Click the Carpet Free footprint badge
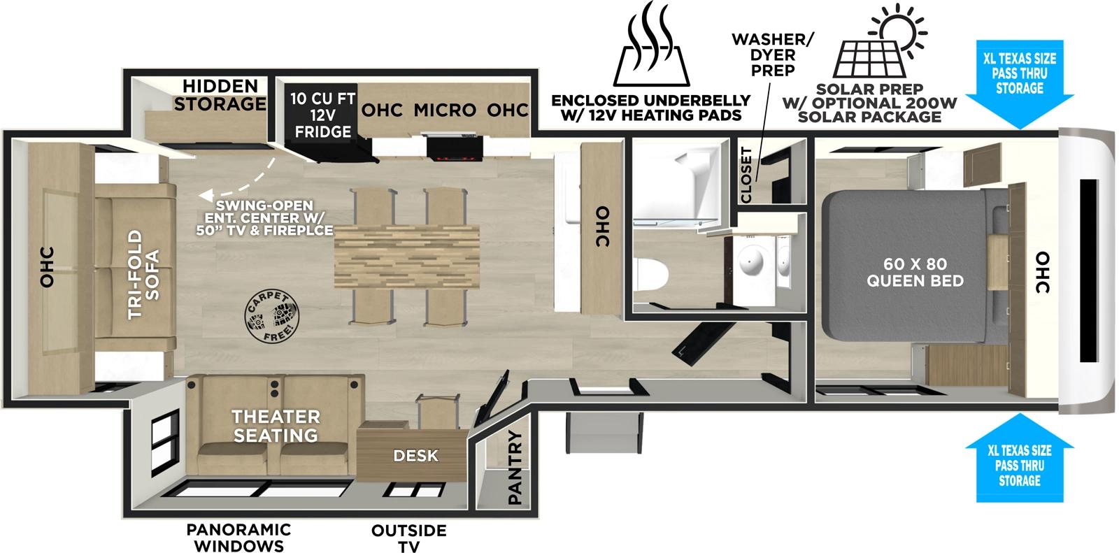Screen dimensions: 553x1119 coord(269,316)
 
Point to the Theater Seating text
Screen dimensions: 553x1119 coord(276,426)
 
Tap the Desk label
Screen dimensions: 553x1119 coord(415,456)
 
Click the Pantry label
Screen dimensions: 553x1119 coord(515,468)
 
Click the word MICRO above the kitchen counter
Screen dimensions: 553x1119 coord(445,110)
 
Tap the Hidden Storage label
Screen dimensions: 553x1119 coord(220,95)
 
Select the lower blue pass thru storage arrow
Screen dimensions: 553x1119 coord(1018,454)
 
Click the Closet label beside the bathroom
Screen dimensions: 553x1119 coord(746,175)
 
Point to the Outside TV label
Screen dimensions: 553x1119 coord(408,538)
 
